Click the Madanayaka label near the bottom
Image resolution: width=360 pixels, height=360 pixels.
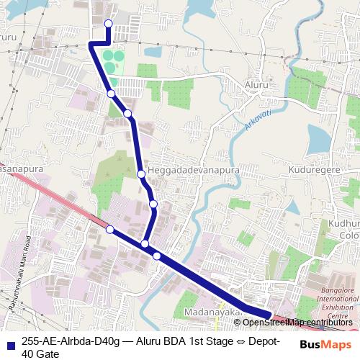[212, 313]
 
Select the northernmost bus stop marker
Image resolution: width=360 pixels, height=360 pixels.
[108, 24]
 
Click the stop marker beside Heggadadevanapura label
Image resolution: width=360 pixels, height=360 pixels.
[141, 173]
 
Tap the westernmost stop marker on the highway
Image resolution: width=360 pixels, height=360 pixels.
[110, 230]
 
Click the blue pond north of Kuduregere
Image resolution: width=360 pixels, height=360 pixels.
[318, 137]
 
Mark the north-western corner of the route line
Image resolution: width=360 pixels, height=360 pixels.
[91, 44]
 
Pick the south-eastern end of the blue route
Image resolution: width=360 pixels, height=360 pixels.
[270, 315]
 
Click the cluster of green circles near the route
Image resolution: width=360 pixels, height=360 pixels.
[108, 60]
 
